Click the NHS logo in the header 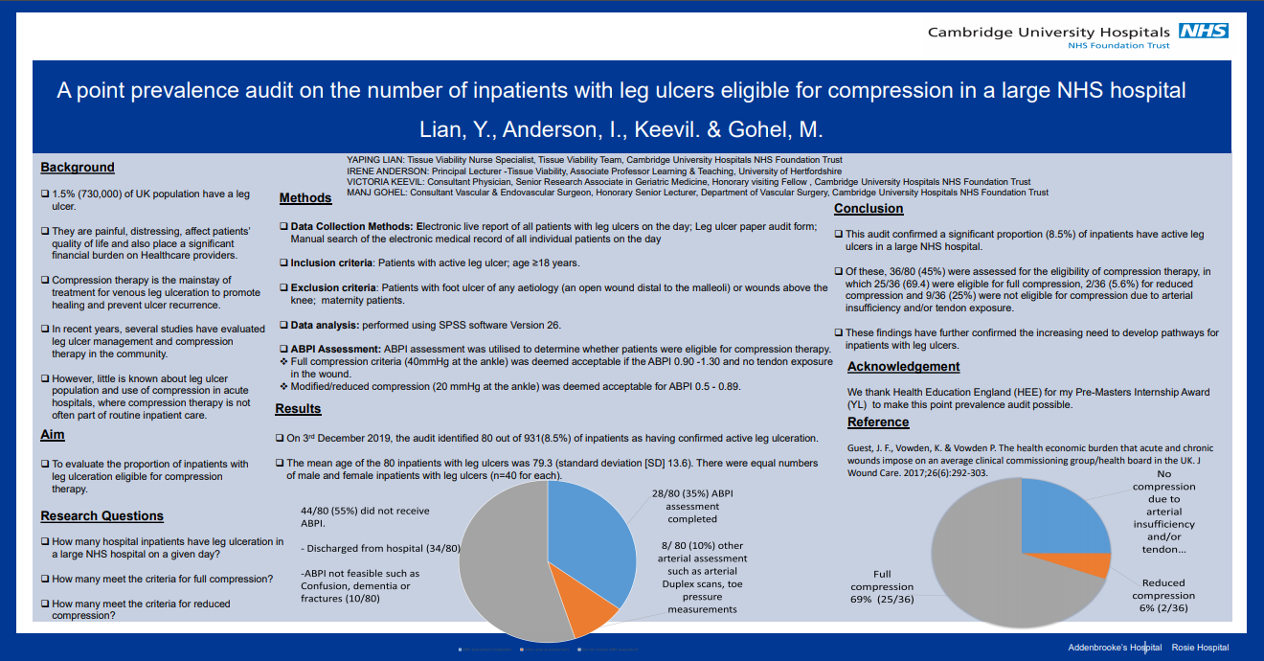point(1204,31)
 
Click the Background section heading point(78,168)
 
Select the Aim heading point(53,436)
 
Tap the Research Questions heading point(102,516)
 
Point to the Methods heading point(305,198)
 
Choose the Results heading point(298,409)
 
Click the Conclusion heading point(869,209)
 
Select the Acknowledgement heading point(903,367)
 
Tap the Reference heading point(878,422)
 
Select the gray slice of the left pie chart point(503,565)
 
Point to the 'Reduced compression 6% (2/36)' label point(1163,595)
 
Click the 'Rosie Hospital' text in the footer point(1200,648)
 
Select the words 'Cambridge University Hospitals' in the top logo point(1049,32)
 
